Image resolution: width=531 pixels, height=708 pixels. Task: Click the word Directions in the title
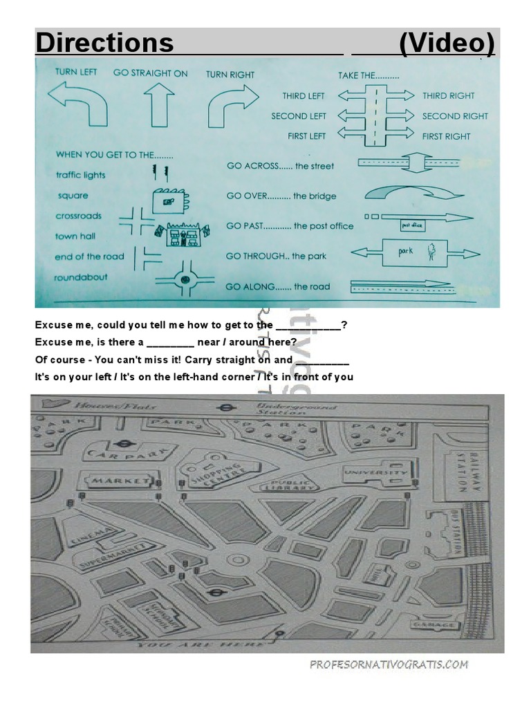point(104,44)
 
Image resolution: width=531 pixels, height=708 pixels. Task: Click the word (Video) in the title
point(447,44)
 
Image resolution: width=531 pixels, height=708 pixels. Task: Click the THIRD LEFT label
point(304,96)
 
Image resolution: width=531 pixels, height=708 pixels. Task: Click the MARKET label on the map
point(118,479)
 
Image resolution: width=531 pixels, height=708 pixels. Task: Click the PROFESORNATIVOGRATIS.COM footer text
point(389,664)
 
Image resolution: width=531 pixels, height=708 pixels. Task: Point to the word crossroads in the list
point(78,216)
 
